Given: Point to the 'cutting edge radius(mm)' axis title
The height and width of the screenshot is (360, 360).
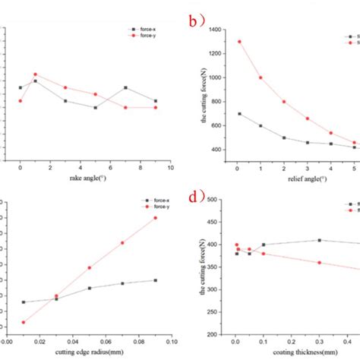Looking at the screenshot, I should [x=89, y=352].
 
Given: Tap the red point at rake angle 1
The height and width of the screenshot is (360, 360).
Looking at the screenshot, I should [x=35, y=74].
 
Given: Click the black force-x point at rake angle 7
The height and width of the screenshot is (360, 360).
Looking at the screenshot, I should [x=125, y=87].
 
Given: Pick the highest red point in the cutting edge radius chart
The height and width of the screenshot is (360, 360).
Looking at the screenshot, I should [x=155, y=218].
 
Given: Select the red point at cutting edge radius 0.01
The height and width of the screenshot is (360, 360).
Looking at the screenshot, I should [x=24, y=322].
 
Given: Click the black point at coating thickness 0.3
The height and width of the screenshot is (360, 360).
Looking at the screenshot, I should [x=319, y=240].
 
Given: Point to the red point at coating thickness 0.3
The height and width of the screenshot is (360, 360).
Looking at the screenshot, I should [x=319, y=263].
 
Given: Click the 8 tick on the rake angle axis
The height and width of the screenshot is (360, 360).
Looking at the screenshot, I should [x=141, y=168].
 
